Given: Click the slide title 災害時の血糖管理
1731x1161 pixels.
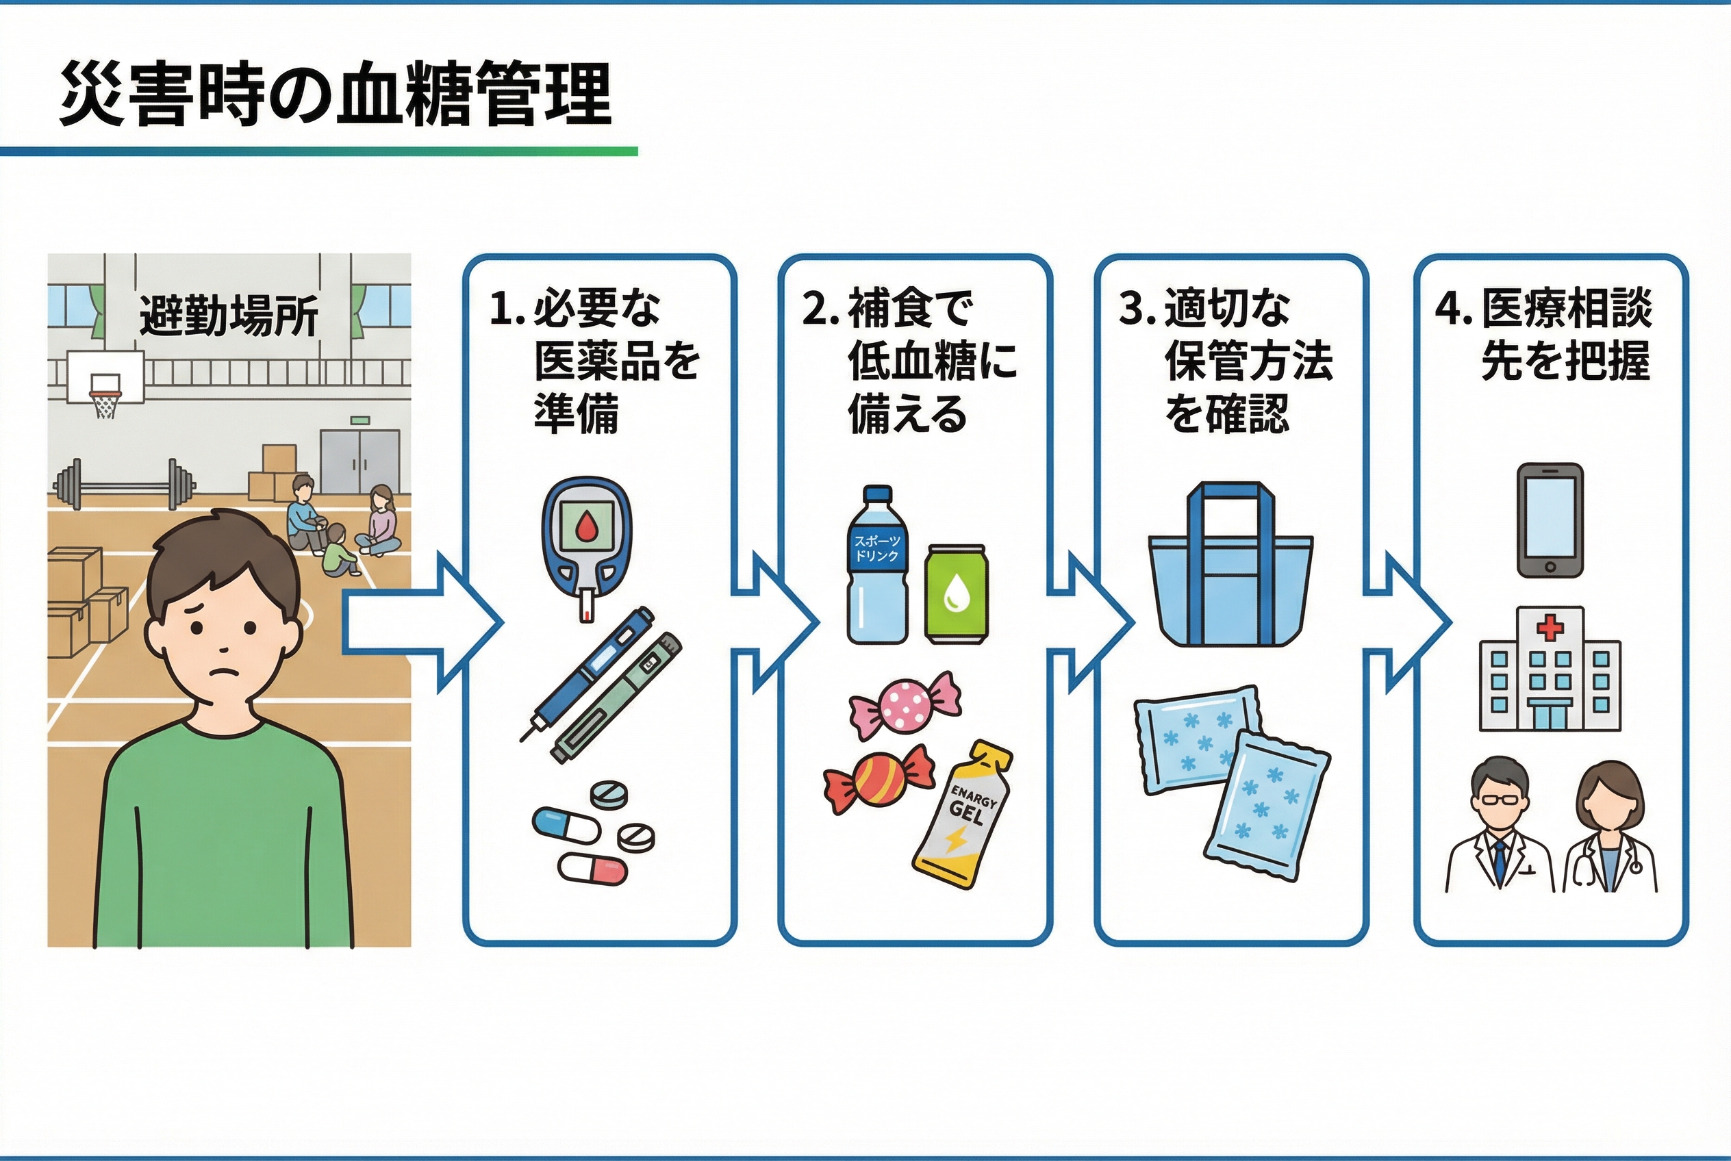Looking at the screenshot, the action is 336,94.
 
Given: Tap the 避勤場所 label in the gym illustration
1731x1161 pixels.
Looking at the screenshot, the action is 229,316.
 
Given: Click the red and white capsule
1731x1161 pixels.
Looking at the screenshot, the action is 592,868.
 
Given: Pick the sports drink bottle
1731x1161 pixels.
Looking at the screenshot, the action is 877,564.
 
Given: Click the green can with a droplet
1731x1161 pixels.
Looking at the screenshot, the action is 957,591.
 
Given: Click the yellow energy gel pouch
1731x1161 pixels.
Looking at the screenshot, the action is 963,815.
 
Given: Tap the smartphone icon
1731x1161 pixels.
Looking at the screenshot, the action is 1550,520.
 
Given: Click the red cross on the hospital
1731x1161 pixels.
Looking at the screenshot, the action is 1550,628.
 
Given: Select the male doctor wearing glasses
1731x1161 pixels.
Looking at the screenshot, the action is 1500,824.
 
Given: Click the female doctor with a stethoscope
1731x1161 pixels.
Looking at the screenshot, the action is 1610,826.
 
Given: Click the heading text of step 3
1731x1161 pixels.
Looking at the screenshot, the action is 1226,361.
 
